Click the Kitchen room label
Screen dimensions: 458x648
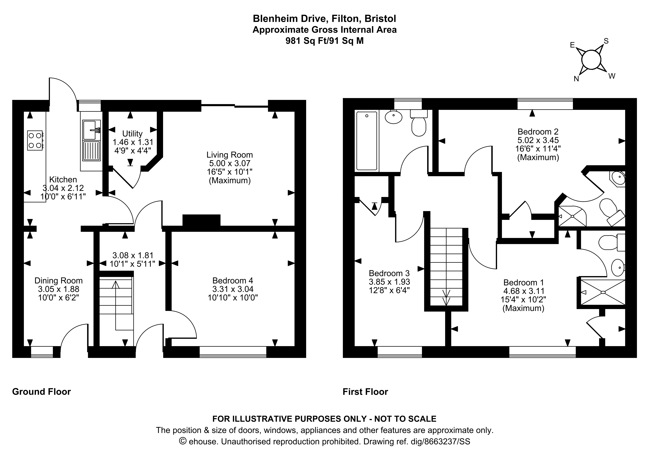(63, 180)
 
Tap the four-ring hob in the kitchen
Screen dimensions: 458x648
(35, 140)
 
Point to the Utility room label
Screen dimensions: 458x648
(132, 134)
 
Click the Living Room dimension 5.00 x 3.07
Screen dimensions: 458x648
(229, 163)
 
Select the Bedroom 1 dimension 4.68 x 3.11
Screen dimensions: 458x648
(524, 291)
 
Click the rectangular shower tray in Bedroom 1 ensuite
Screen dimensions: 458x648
(602, 293)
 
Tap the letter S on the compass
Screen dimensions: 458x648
(606, 41)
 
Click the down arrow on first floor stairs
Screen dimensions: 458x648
(446, 298)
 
